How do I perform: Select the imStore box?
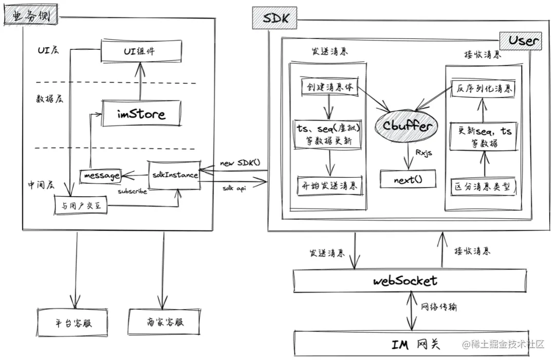tap(141, 113)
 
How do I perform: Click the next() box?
tap(408, 179)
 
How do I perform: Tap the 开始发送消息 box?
tap(329, 185)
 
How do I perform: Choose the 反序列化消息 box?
tap(483, 88)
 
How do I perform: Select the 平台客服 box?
tap(76, 323)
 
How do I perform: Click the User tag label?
tap(522, 41)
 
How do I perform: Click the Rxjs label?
tap(422, 153)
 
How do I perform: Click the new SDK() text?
tap(240, 163)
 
